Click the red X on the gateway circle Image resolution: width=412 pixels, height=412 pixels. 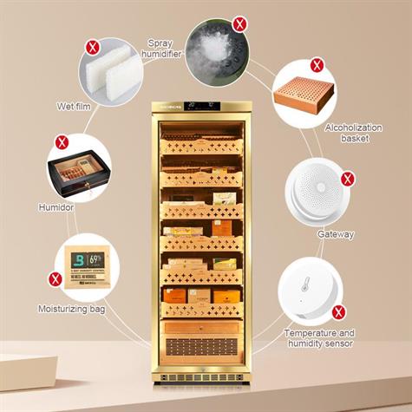pyautogui.click(x=348, y=180)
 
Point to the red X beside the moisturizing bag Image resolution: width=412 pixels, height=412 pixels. pyautogui.click(x=56, y=279)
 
